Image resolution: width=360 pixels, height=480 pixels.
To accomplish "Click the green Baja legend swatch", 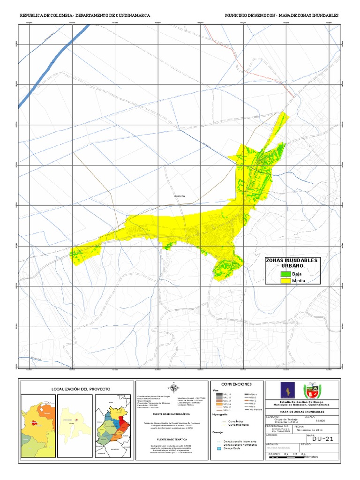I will click(x=285, y=273).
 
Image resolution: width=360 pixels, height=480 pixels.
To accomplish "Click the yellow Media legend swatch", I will click(x=285, y=281).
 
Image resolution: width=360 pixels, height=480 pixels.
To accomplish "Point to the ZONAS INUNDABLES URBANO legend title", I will click(x=291, y=263).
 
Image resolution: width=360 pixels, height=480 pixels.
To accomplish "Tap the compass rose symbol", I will click(x=173, y=387).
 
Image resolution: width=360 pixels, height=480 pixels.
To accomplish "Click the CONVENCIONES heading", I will click(x=236, y=384).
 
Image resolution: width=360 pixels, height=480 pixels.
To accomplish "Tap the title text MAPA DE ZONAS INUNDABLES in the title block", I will click(x=304, y=411).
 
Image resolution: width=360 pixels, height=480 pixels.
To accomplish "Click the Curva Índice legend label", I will click(x=236, y=421).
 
